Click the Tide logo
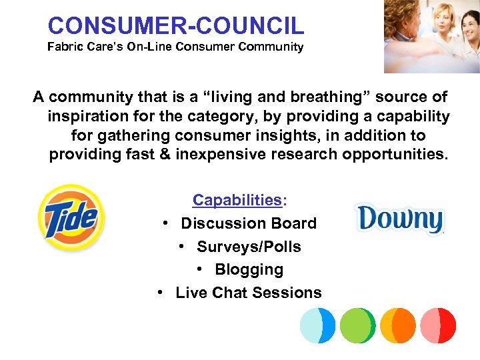click(x=70, y=217)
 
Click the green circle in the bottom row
click(x=357, y=325)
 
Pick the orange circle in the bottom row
click(x=398, y=325)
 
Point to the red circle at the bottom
click(x=438, y=325)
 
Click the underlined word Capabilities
click(x=237, y=200)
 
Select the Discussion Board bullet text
click(x=249, y=223)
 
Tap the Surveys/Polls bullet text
click(x=249, y=247)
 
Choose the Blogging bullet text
click(x=249, y=269)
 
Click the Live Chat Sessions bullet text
click(x=249, y=293)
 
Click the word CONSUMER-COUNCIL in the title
click(x=176, y=25)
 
